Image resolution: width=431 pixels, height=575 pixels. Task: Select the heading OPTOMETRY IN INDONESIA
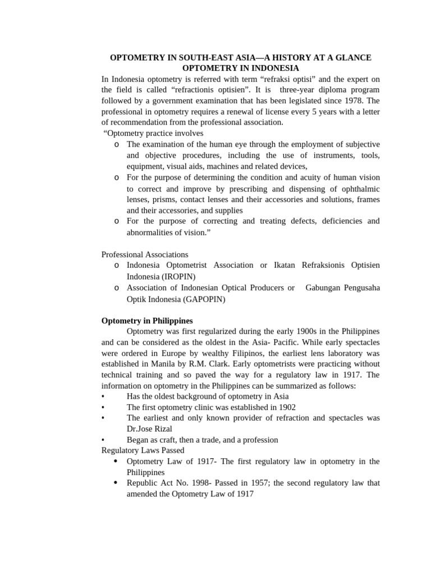tap(240, 69)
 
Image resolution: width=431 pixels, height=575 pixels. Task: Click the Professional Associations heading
tap(145, 254)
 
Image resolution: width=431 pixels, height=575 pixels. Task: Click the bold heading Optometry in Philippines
tap(147, 321)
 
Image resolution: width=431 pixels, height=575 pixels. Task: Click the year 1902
tap(286, 407)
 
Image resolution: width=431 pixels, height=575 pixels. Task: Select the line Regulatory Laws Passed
tap(143, 450)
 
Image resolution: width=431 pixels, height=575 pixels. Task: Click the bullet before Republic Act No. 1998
tap(115, 483)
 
